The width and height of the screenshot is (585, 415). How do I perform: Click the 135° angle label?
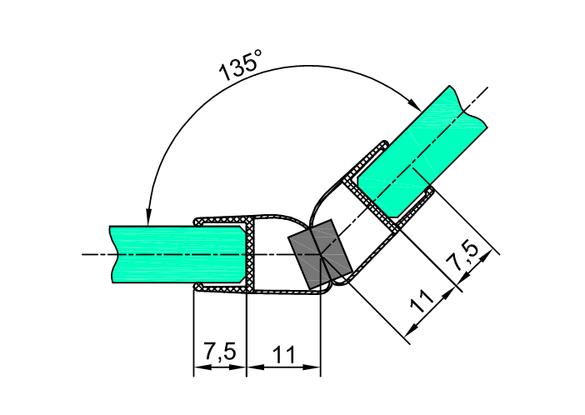[x=241, y=66]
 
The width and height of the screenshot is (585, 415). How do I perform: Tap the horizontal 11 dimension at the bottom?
[x=284, y=353]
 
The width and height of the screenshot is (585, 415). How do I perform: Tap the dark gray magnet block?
[x=317, y=255]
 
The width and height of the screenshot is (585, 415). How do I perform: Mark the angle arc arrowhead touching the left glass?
[x=147, y=216]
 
